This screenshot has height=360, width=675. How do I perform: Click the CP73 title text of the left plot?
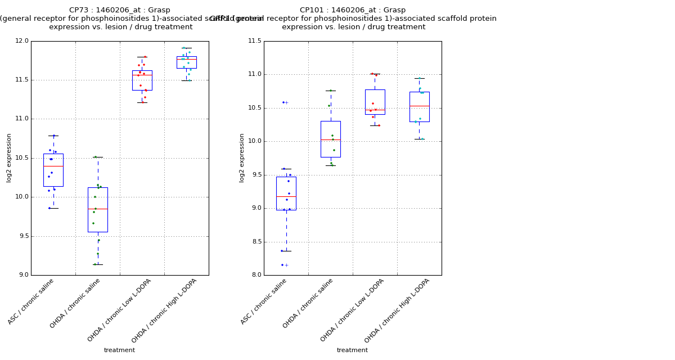coord(119,10)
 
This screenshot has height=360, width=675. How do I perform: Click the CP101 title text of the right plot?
coord(352,10)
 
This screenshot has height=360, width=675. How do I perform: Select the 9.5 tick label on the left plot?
coord(22,236)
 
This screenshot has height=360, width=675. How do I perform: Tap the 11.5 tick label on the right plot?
coord(255,41)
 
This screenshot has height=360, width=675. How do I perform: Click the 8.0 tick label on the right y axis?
coord(256,275)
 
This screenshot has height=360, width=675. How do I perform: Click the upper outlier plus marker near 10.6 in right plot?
coord(286,102)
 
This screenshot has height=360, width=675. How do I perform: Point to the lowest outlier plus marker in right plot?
coord(286,265)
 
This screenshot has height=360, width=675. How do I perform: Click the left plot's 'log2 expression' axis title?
coord(9,157)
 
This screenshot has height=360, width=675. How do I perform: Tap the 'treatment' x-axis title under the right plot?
coord(352,350)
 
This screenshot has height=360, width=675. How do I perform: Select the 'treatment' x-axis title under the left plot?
coord(119,350)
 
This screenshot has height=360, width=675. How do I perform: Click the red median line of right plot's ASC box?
coord(286,196)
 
